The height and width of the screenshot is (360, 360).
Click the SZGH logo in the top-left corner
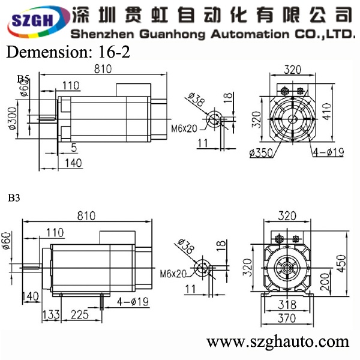33,21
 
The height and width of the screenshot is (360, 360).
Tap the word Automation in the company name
242,33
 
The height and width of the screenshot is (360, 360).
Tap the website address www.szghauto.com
277,342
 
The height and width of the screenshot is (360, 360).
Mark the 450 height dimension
343,262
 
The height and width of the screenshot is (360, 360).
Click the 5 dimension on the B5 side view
73,147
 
